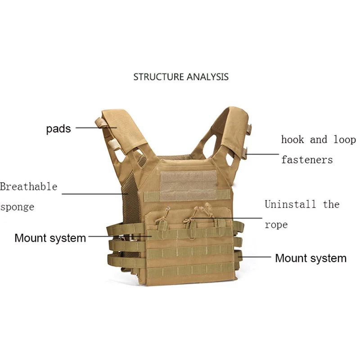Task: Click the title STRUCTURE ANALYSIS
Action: point(181,77)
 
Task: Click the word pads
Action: point(58,129)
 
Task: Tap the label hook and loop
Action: point(318,139)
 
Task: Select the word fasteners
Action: point(307,159)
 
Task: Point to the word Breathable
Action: point(29,186)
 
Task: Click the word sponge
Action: point(17,207)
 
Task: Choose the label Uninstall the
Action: point(301,204)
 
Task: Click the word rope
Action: point(276,224)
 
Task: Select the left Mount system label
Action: point(50,238)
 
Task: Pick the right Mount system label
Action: point(310,258)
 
